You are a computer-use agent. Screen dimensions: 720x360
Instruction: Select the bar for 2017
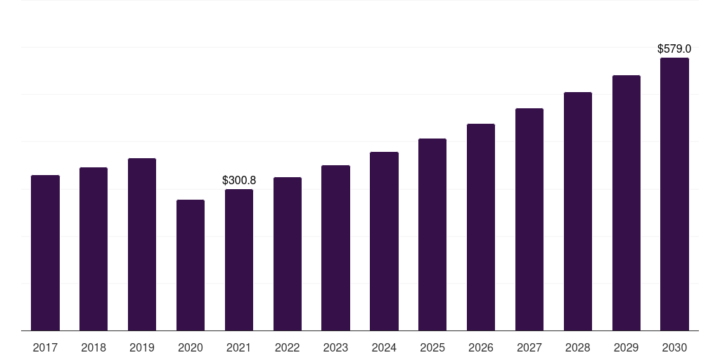click(45, 253)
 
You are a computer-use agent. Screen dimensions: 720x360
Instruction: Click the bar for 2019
click(142, 244)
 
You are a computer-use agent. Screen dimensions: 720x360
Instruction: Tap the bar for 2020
click(191, 265)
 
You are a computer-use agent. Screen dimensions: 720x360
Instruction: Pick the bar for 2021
click(239, 260)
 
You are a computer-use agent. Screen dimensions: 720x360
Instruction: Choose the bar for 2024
click(384, 241)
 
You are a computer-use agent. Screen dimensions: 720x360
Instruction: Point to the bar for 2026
click(481, 227)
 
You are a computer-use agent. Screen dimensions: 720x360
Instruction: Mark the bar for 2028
click(578, 211)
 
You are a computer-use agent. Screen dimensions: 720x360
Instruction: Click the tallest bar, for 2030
click(674, 194)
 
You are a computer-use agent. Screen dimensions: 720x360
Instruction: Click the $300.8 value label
click(239, 181)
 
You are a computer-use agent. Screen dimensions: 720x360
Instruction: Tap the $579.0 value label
click(674, 49)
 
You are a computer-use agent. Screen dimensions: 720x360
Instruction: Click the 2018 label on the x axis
click(94, 347)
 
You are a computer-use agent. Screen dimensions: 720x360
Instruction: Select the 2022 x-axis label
click(287, 347)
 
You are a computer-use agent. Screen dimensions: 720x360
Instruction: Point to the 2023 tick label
click(335, 347)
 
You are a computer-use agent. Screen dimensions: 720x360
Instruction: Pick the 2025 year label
click(432, 347)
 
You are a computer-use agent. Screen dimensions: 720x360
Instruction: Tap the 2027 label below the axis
click(529, 347)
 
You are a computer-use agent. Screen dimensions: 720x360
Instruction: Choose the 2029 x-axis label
click(626, 347)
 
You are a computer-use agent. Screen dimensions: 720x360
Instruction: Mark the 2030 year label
click(674, 347)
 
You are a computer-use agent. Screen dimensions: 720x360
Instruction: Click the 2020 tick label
click(191, 347)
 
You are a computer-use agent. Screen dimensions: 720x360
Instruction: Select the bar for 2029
click(626, 203)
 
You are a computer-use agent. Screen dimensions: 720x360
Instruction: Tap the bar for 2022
click(288, 254)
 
